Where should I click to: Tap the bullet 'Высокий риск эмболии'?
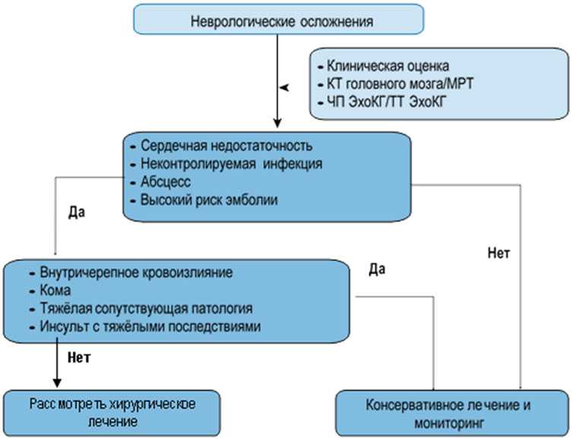[209, 201]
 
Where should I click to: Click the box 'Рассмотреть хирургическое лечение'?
[111, 410]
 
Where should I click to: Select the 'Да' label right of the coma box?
[378, 268]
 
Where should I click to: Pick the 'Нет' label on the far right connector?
[498, 251]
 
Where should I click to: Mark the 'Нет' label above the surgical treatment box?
[80, 356]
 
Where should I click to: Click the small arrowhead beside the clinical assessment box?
[286, 90]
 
